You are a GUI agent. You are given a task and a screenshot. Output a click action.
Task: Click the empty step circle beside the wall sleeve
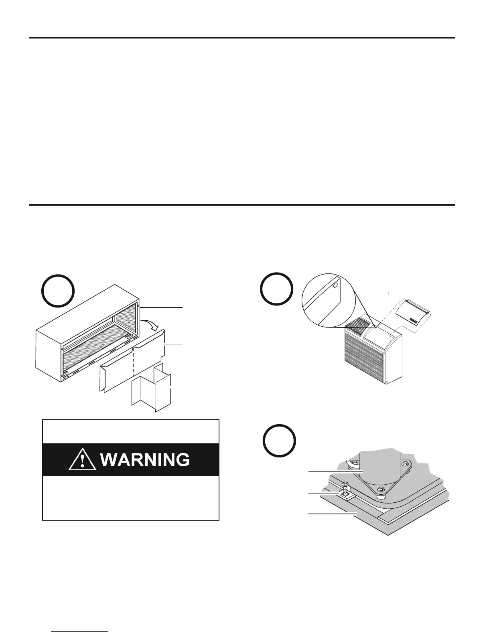[x=58, y=291]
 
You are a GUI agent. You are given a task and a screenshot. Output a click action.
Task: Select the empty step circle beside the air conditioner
[x=276, y=289]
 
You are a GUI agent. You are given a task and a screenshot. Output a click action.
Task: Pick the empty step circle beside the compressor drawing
[x=279, y=441]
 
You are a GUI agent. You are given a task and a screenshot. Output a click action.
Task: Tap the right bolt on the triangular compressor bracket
[x=406, y=464]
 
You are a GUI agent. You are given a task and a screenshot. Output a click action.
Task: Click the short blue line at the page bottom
[x=80, y=631]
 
